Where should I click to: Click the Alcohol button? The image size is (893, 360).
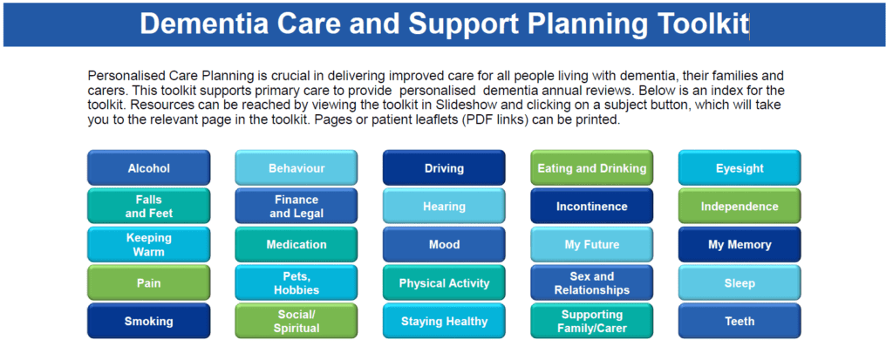point(148,168)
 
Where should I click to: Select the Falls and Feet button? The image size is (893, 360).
point(148,207)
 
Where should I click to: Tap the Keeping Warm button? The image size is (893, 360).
point(148,245)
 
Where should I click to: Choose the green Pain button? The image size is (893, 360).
point(148,283)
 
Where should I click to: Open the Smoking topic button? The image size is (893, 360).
point(148,322)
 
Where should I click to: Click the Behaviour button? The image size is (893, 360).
point(297,168)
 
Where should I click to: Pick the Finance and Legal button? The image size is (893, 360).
point(297,207)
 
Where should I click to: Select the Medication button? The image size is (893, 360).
point(297,245)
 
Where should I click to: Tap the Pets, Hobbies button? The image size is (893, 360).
point(297,283)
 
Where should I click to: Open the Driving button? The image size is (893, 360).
point(444,168)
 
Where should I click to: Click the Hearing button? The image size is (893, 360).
point(444,207)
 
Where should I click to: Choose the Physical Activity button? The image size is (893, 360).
point(444,283)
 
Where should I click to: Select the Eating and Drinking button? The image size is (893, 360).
point(592,168)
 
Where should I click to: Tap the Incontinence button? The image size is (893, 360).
point(592,207)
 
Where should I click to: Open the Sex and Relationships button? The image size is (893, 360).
point(592,283)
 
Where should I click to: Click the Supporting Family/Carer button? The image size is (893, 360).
point(592,322)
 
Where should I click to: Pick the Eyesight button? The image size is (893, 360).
point(740,168)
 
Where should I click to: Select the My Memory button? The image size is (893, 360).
point(740,245)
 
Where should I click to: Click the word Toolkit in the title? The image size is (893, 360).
point(693,24)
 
